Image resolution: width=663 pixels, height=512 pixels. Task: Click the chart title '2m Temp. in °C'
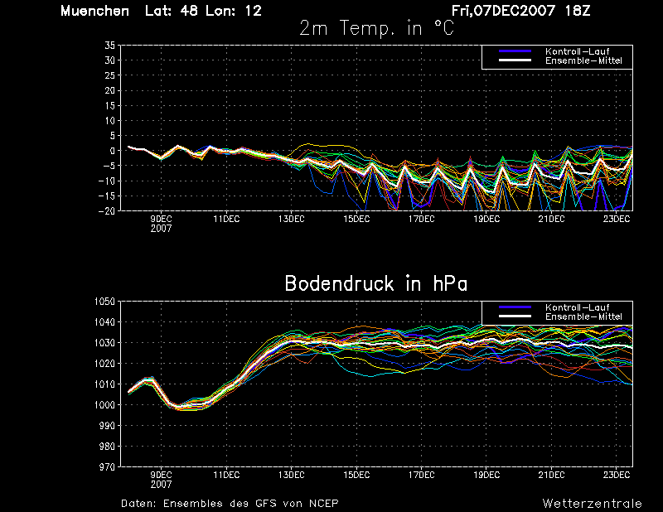[377, 29]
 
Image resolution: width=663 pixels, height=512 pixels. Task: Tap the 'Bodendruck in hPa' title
[376, 283]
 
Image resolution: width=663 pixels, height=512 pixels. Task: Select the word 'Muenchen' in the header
[94, 11]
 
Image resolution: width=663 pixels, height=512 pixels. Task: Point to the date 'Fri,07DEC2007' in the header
[503, 11]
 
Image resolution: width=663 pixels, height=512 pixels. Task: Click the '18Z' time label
[577, 11]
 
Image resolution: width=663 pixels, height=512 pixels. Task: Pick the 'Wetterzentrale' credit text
[592, 504]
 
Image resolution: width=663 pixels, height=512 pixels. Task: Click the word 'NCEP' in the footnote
[323, 504]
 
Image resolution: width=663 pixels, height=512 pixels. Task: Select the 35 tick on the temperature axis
[110, 46]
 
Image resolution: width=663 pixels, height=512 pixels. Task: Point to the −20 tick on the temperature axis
[107, 210]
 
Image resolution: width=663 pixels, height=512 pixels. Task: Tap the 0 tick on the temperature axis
[113, 151]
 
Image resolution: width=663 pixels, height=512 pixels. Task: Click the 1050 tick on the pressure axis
[105, 302]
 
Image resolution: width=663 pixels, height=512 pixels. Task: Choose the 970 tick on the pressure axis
[108, 466]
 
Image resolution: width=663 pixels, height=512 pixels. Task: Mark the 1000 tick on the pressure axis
[105, 405]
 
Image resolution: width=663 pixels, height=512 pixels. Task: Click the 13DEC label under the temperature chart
[292, 219]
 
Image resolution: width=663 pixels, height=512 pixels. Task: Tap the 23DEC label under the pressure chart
[617, 475]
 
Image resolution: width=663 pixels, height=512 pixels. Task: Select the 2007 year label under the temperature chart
[161, 229]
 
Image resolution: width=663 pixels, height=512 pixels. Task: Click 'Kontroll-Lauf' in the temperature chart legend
[577, 51]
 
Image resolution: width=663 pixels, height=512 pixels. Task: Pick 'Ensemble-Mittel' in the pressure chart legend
[583, 316]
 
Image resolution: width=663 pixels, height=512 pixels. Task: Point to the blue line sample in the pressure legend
[515, 307]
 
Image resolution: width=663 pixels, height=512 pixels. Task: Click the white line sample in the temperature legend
[515, 60]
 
